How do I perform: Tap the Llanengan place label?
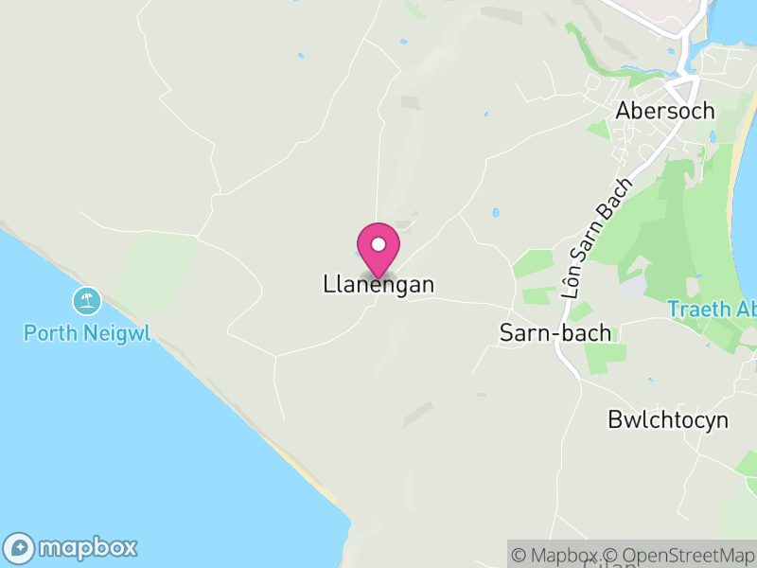click(378, 284)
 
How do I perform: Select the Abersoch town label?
click(665, 111)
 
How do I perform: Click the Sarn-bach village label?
click(555, 333)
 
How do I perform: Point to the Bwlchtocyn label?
click(668, 420)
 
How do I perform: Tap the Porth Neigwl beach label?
click(87, 333)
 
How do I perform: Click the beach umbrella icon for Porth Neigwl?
click(87, 302)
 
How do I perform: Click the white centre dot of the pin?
click(378, 244)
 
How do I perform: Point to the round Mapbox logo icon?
click(20, 547)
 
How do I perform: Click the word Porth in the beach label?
click(48, 333)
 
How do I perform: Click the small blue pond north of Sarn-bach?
click(495, 213)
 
